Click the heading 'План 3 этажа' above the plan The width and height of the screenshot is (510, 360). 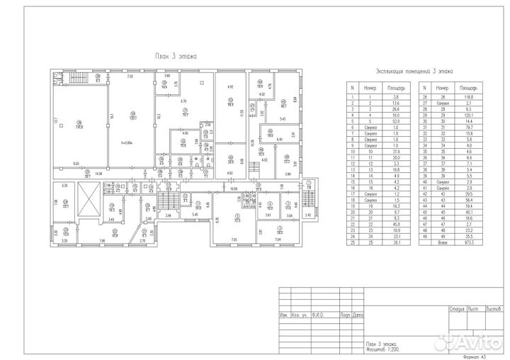(x=176, y=55)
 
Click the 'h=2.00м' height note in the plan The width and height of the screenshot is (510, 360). (x=127, y=142)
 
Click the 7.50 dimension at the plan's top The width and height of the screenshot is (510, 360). (x=130, y=76)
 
